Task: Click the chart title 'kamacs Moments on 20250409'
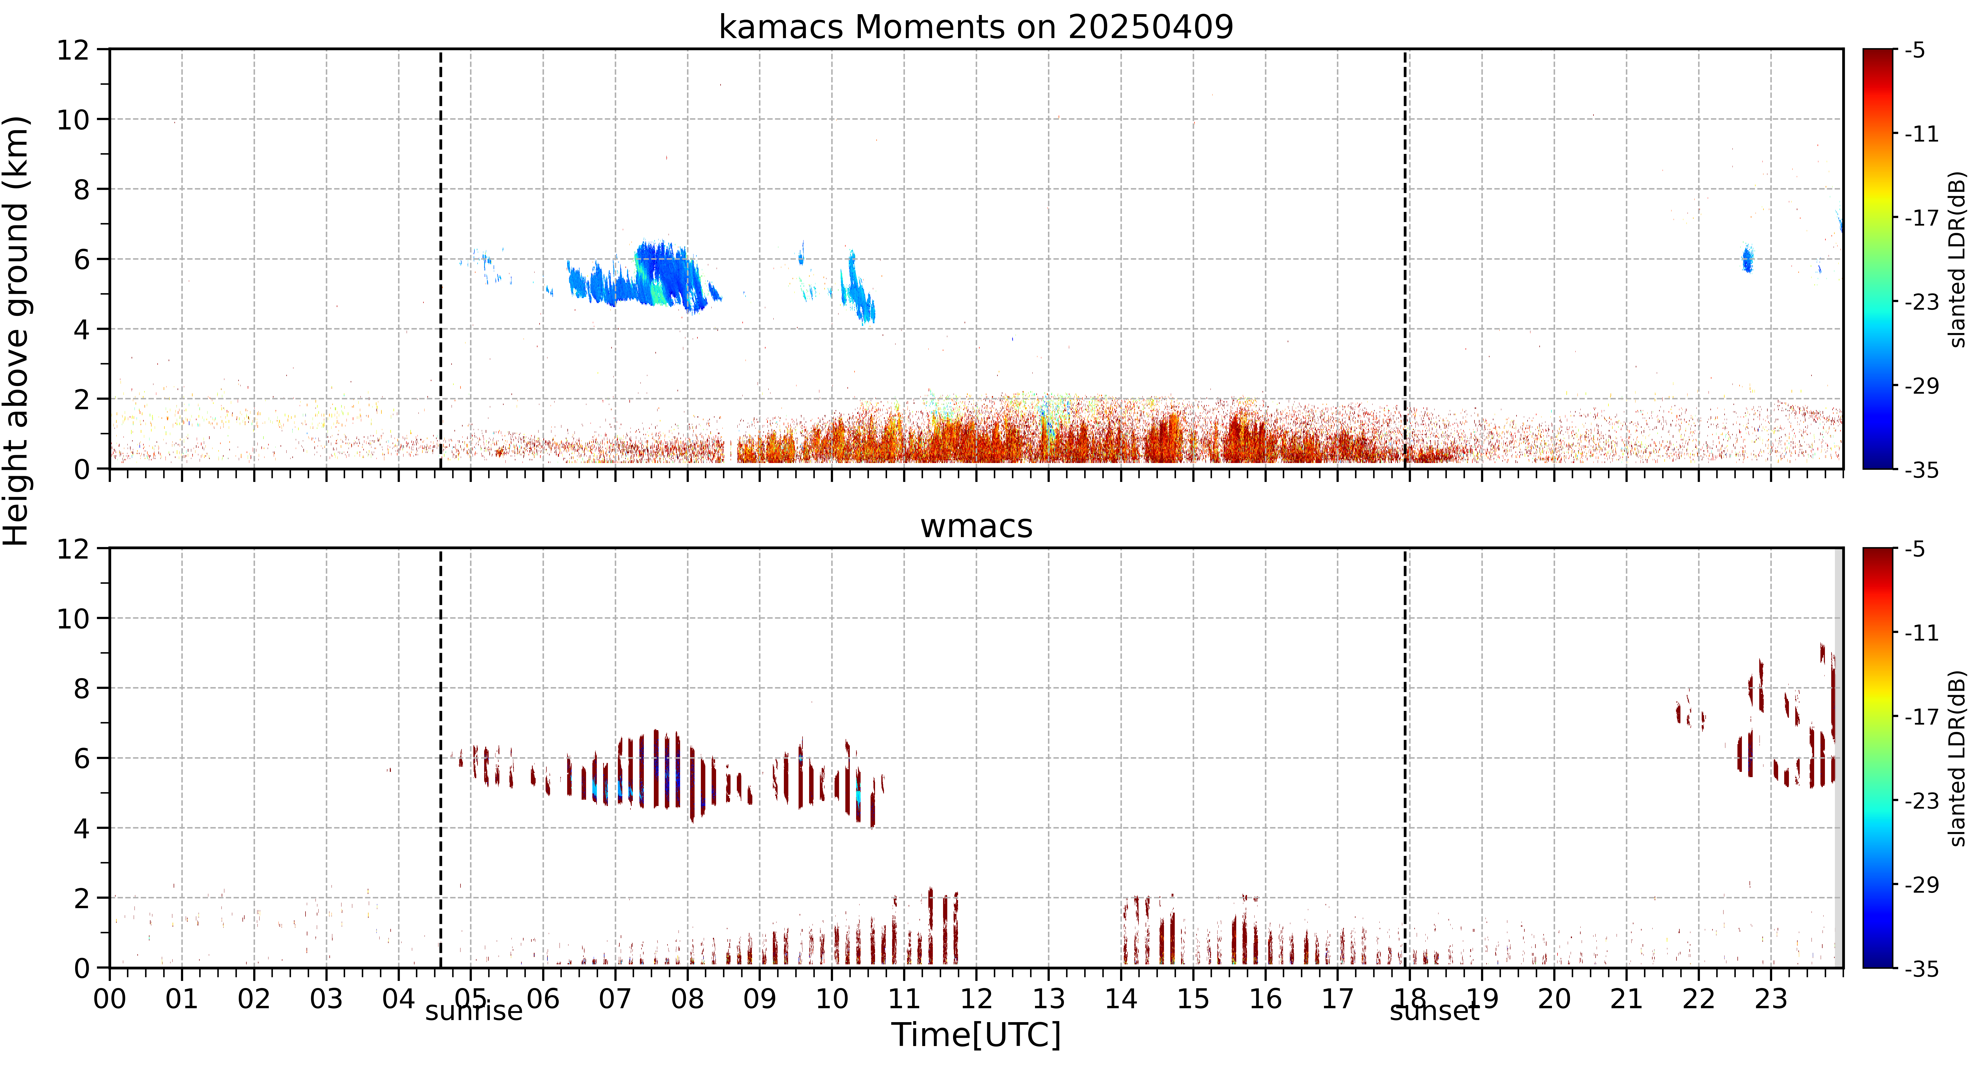click(x=976, y=27)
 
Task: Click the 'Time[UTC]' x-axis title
click(x=976, y=1035)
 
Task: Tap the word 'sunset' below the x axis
click(x=1434, y=1011)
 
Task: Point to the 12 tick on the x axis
click(x=976, y=998)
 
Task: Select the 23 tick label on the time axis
click(x=1771, y=998)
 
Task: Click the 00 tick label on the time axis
click(x=110, y=998)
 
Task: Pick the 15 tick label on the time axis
click(x=1193, y=998)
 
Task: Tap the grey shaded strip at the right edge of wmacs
click(x=1839, y=758)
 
